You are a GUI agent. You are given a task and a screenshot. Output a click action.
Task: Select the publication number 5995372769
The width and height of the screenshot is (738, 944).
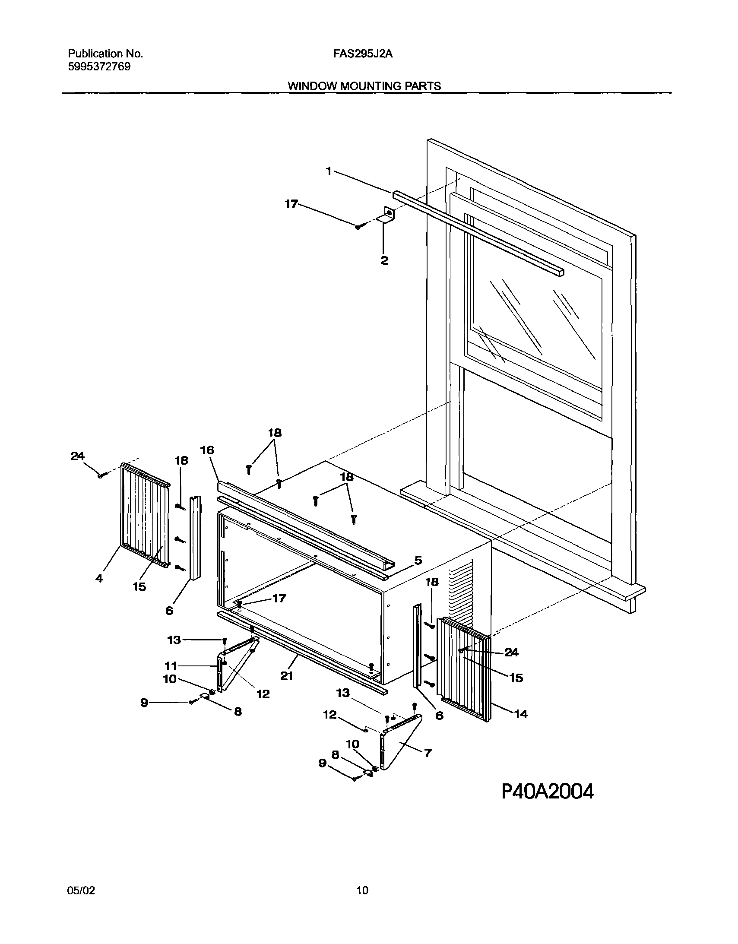(x=99, y=67)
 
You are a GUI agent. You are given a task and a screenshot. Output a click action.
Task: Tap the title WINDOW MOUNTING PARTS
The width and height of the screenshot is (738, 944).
(x=364, y=86)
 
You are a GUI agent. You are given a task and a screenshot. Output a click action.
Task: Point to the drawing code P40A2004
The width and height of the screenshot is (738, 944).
(x=547, y=792)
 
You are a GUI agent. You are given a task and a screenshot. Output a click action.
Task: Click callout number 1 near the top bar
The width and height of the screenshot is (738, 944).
(x=329, y=171)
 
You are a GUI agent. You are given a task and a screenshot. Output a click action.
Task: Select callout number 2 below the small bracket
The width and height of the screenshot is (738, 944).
(x=384, y=260)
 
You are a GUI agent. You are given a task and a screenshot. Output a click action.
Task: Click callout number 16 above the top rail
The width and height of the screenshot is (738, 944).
(x=207, y=450)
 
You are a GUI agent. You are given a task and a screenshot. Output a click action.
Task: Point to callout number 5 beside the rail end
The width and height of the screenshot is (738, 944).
(x=418, y=561)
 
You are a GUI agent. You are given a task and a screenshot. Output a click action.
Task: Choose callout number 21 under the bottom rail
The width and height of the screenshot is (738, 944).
(x=287, y=675)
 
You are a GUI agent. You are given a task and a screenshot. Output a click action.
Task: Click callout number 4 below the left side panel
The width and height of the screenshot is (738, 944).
(x=99, y=578)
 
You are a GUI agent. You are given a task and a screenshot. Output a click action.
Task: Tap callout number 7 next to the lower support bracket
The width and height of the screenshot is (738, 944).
(x=427, y=753)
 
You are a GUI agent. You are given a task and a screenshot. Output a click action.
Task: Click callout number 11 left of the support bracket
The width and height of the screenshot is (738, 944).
(x=171, y=666)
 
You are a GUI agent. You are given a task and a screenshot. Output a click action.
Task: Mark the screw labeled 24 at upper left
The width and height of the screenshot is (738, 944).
(x=101, y=475)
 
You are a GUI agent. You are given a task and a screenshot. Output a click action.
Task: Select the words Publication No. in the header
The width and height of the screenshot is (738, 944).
(x=105, y=54)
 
